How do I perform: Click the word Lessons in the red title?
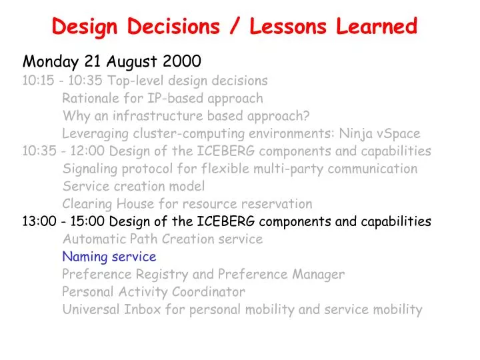pos(288,26)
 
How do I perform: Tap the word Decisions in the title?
pos(173,26)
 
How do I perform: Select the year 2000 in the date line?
pos(182,61)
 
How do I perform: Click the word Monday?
pos(51,61)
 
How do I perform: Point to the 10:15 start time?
pos(38,81)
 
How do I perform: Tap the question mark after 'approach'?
pos(306,115)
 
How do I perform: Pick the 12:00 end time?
pos(87,151)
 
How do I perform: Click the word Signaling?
pos(90,169)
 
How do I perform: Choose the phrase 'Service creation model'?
pos(133,186)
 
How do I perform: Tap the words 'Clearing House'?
pos(108,204)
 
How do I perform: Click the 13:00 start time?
pos(39,221)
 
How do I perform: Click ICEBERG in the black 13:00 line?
pos(225,221)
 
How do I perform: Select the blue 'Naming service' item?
pos(109,257)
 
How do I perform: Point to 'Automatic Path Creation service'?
pos(163,239)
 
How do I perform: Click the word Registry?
pos(162,275)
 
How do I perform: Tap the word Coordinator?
pos(209,292)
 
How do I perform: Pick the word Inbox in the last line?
pos(143,309)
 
